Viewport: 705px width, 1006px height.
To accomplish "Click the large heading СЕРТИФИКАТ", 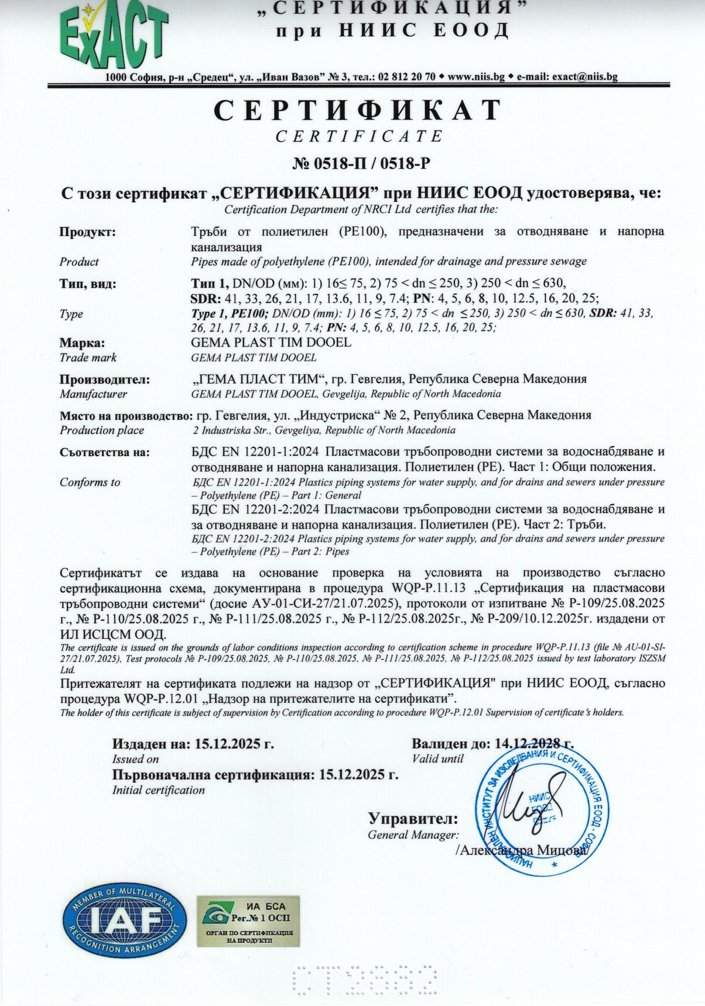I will tap(358, 111).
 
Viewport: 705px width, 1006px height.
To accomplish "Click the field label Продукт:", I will tap(88, 232).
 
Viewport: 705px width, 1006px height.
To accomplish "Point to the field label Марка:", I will tap(83, 343).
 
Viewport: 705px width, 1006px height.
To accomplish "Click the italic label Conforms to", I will tap(90, 483).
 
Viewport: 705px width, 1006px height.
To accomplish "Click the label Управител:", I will tap(413, 818).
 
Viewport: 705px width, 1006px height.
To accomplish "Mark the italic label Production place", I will tap(102, 430).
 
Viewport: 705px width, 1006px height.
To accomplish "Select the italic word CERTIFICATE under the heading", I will tap(359, 136).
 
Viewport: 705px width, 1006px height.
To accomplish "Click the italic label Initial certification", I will tap(158, 790).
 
